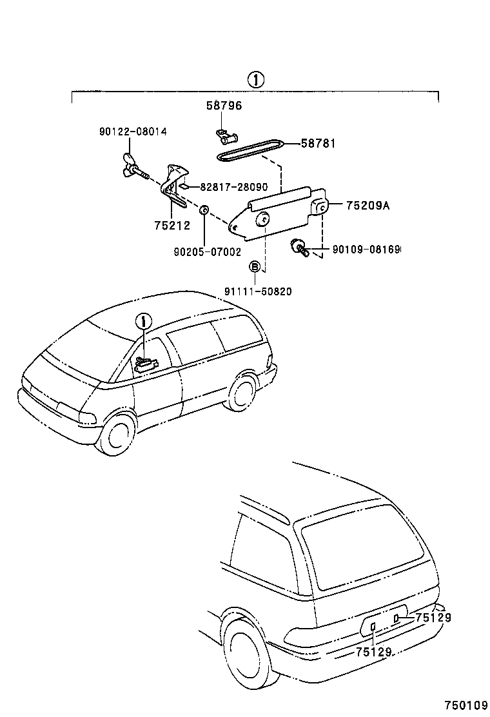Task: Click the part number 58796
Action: [224, 105]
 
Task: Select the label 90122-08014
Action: [133, 132]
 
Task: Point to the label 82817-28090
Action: [233, 186]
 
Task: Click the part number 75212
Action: [172, 225]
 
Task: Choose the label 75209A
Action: [368, 206]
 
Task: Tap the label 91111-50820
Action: [258, 291]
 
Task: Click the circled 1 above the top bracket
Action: [255, 80]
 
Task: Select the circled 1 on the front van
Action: [144, 320]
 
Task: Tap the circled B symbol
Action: [255, 267]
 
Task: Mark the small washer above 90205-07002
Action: [203, 210]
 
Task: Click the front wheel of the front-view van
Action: [119, 435]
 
